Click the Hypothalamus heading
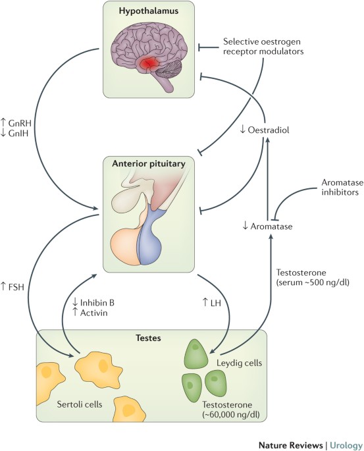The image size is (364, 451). click(149, 11)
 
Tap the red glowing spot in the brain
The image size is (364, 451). click(148, 64)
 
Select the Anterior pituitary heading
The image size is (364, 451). click(149, 164)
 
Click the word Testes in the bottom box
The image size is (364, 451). click(148, 338)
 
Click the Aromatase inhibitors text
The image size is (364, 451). click(342, 187)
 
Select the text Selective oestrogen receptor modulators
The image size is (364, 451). click(263, 46)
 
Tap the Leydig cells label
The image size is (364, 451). click(239, 363)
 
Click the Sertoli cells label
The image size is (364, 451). click(80, 404)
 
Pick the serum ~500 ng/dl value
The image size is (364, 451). click(313, 282)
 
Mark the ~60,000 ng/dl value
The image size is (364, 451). click(231, 415)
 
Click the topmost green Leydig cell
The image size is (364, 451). click(195, 354)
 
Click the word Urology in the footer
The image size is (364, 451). click(346, 445)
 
